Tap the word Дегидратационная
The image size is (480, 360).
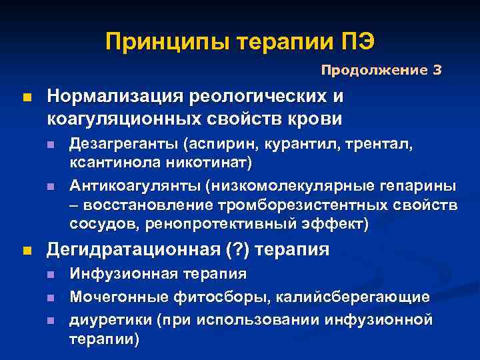coord(133,250)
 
